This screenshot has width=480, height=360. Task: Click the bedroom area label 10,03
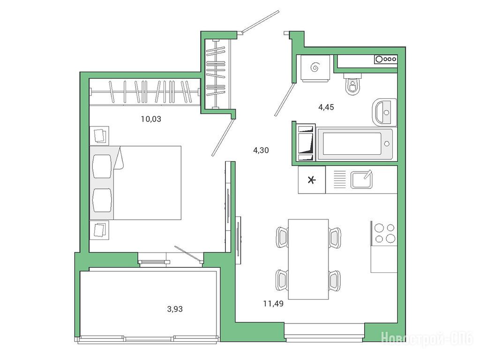click(x=151, y=119)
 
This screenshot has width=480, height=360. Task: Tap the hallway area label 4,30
click(x=261, y=150)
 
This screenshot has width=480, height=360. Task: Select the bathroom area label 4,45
click(x=326, y=107)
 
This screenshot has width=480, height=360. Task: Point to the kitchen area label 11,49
click(x=273, y=304)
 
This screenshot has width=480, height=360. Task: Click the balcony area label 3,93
click(x=175, y=309)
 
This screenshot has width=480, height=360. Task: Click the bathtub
click(x=355, y=143)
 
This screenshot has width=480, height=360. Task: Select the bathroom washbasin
click(x=384, y=112)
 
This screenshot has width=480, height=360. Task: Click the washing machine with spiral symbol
click(x=315, y=68)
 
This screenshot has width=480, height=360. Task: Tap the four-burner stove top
click(x=384, y=233)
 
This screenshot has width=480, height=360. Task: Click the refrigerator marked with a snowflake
click(x=312, y=180)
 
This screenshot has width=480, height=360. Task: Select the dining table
click(x=308, y=259)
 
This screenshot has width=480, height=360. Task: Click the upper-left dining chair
click(x=282, y=237)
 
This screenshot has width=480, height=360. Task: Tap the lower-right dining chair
click(x=335, y=281)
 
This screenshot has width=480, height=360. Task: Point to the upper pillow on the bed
click(x=102, y=166)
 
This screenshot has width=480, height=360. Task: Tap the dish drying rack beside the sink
click(x=339, y=180)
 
